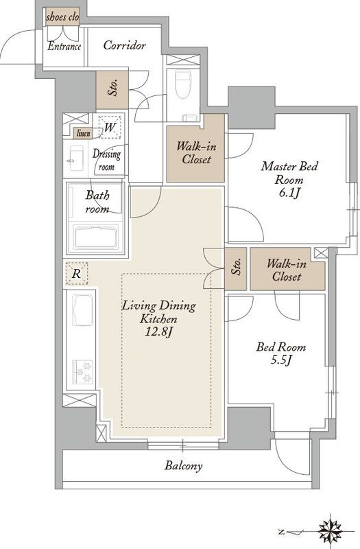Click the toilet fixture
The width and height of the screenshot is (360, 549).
(x=182, y=84)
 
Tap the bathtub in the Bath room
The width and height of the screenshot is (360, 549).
(x=96, y=237)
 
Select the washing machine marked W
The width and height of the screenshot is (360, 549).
(x=110, y=127)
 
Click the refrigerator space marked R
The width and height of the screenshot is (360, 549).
(x=77, y=273)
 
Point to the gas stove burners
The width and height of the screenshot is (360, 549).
(x=83, y=372)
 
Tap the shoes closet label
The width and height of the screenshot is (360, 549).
(x=62, y=17)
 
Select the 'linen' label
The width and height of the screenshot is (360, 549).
(x=84, y=133)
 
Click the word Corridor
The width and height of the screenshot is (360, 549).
(x=124, y=45)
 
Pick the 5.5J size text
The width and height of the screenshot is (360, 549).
(x=281, y=360)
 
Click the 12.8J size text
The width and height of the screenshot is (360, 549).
(x=159, y=331)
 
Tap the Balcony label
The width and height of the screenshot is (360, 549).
(x=183, y=466)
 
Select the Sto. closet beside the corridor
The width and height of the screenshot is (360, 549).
(x=112, y=90)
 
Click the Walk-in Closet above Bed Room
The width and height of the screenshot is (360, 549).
(x=287, y=269)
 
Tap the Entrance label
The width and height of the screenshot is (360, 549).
(x=64, y=46)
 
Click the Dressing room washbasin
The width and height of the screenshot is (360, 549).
(x=76, y=159)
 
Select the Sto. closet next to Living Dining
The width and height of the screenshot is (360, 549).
(x=236, y=268)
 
